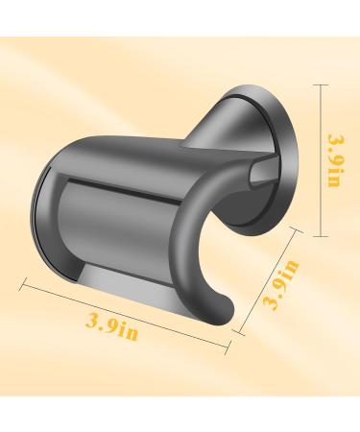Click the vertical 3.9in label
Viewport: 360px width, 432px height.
click(335, 160)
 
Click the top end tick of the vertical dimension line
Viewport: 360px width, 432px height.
click(323, 84)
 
